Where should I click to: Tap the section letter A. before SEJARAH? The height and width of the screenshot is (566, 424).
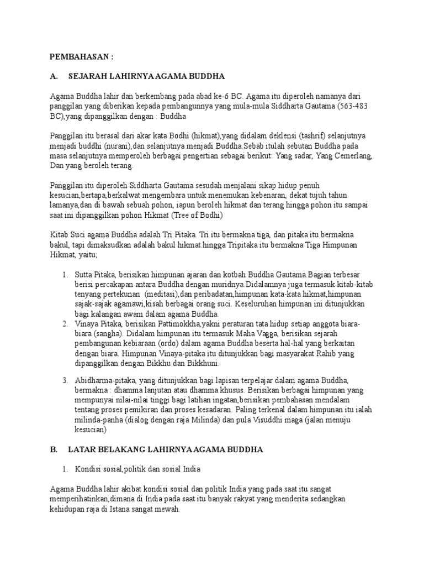tap(54, 76)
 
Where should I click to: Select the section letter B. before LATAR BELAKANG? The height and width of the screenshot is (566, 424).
tap(54, 449)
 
